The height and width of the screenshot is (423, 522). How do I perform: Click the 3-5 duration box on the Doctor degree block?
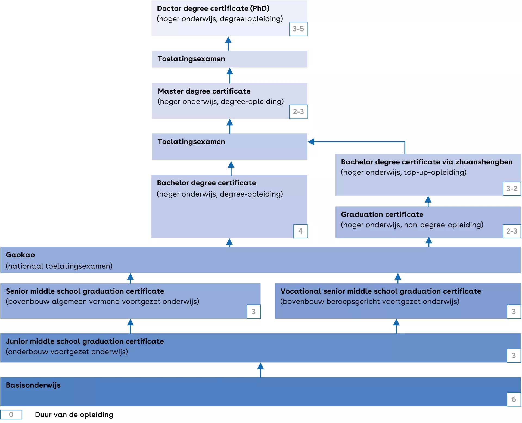click(298, 29)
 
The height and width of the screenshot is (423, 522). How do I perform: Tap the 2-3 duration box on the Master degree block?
click(298, 111)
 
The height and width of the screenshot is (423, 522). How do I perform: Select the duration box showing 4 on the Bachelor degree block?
click(300, 231)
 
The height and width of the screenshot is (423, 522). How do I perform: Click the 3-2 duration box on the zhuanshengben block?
click(512, 189)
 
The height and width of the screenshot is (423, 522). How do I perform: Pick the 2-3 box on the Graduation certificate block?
click(512, 231)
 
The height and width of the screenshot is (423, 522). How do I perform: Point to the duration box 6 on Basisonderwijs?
click(514, 399)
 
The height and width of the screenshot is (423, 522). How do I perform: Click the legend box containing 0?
click(11, 415)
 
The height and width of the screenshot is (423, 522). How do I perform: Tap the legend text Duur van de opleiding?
click(74, 415)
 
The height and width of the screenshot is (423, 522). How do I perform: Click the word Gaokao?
click(20, 255)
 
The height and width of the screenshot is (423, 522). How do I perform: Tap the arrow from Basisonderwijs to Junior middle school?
click(260, 370)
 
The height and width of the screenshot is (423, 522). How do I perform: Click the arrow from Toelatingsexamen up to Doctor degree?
click(228, 43)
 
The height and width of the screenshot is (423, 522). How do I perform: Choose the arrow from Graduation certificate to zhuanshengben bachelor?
click(428, 201)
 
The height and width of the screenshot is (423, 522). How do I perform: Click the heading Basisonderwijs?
click(33, 385)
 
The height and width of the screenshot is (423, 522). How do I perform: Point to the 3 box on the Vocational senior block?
click(514, 312)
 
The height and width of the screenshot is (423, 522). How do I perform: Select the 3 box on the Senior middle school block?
click(253, 312)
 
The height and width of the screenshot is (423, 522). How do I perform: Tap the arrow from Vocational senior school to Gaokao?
click(398, 278)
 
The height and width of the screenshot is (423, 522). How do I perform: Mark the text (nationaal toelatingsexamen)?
click(59, 266)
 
